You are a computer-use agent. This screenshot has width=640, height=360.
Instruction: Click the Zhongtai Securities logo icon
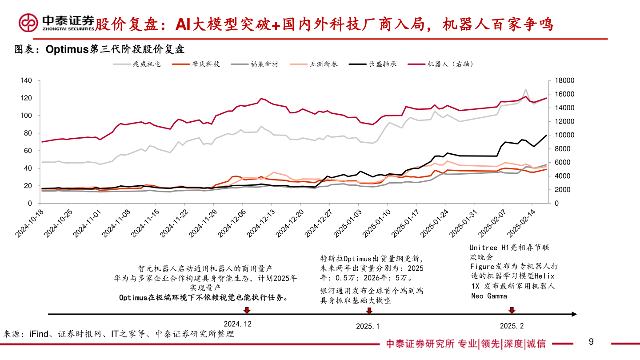28,22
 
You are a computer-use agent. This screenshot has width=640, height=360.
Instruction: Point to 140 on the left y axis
26,80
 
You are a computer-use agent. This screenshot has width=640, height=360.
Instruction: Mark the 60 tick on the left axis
28,151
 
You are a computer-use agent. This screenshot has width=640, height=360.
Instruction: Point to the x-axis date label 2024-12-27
319,224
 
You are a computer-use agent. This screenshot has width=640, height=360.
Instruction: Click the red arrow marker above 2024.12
247,310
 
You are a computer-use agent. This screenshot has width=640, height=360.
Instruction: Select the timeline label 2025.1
368,326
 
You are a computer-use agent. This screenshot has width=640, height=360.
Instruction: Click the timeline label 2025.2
512,326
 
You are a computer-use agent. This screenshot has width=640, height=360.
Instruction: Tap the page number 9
591,342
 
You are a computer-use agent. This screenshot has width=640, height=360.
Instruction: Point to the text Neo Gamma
488,296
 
